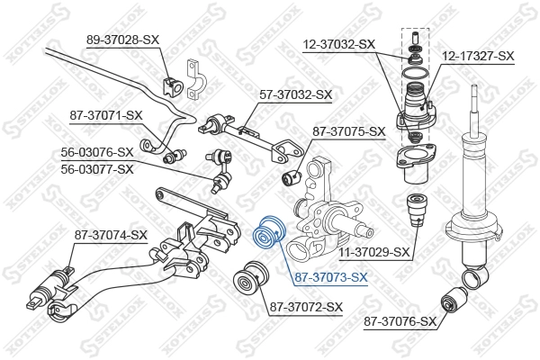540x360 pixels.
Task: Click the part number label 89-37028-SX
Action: tap(121, 39)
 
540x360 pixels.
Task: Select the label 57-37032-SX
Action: tap(297, 94)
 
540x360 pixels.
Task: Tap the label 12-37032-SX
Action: tap(338, 43)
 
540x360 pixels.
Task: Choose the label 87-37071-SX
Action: tap(106, 114)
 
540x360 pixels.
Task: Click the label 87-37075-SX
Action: tap(348, 130)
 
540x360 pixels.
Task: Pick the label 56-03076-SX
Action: tap(96, 153)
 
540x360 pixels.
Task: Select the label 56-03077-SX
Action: tap(96, 168)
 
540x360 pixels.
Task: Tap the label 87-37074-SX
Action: tap(110, 235)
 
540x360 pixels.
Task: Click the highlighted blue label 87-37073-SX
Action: tap(331, 276)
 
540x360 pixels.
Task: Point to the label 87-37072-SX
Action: tap(306, 307)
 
